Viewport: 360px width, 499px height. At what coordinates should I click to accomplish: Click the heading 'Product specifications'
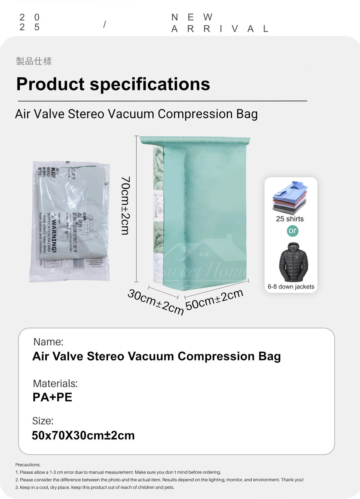(113, 84)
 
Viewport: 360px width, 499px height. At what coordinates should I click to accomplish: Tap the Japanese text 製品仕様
(34, 61)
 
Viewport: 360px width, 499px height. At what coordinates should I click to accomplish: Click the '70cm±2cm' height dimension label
(125, 205)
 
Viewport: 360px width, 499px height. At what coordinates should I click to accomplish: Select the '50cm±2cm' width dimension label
(214, 299)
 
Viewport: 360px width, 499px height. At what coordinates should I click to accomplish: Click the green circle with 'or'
(292, 231)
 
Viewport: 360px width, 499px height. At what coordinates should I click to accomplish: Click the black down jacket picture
(293, 262)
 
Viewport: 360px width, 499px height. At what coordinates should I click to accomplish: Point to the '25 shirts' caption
(290, 219)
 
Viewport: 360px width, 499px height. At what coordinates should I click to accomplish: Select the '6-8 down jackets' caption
(291, 287)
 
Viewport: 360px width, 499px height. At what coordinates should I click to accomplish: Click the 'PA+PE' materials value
(52, 397)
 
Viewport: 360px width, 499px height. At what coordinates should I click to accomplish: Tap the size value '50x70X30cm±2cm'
(83, 435)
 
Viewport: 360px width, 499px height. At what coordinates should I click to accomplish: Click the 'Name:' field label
(48, 342)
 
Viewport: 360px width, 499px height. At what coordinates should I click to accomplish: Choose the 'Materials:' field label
(55, 384)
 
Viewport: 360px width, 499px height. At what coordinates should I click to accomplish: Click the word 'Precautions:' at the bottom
(28, 465)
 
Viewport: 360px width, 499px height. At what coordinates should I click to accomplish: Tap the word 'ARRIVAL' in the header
(220, 29)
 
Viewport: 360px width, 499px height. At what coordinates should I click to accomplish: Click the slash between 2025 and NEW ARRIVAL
(104, 24)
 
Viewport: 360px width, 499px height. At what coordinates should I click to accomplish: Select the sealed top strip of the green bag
(195, 140)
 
